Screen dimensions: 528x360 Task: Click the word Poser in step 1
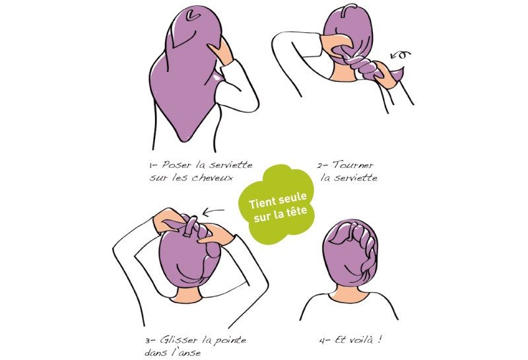[x=177, y=165]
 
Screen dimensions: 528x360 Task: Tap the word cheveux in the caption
[x=212, y=178]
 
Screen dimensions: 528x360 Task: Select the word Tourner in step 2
[x=353, y=165]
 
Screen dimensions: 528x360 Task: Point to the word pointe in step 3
[x=232, y=340]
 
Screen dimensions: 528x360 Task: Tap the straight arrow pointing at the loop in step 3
[x=213, y=211]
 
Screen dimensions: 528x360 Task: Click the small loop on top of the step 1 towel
[x=192, y=15]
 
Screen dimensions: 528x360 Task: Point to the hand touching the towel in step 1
[x=221, y=51]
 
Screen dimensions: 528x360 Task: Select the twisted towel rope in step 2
[x=366, y=64]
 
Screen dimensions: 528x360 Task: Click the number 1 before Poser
[x=151, y=166]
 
